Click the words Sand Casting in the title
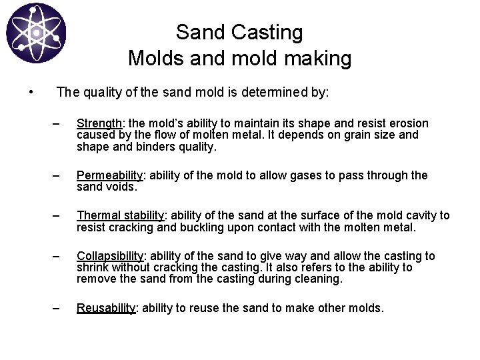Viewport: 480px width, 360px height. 239,31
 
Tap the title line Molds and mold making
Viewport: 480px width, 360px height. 239,59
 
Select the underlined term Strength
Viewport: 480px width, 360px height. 99,123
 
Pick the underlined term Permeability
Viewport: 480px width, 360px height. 110,175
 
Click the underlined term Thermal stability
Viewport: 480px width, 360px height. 121,215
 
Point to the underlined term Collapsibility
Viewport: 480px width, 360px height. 110,256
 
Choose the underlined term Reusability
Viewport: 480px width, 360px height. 107,308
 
